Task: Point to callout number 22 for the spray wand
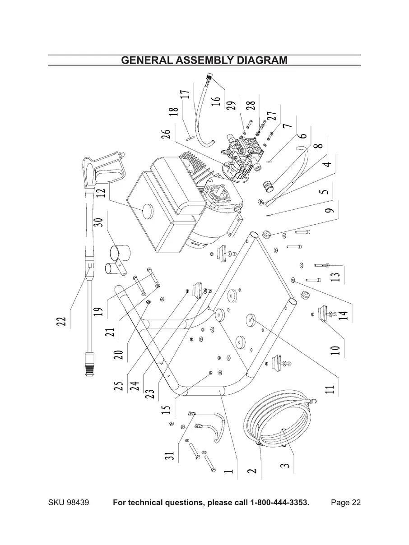coord(62,321)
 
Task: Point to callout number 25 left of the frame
coord(118,385)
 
